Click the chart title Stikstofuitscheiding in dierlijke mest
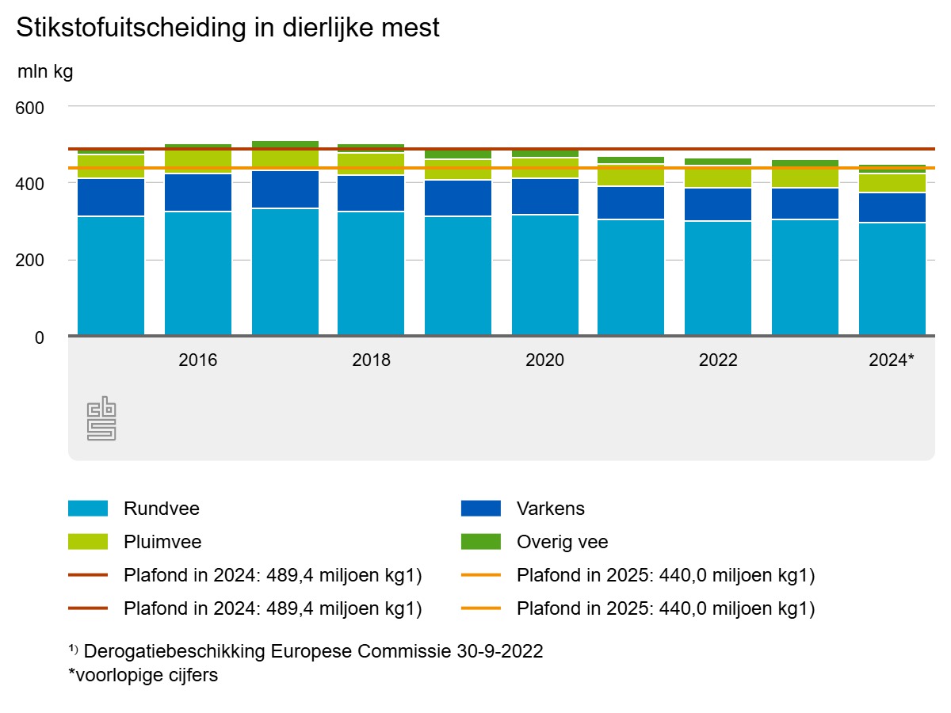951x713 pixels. pyautogui.click(x=227, y=28)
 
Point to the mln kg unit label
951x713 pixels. pyautogui.click(x=45, y=72)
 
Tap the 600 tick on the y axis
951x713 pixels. pyautogui.click(x=31, y=106)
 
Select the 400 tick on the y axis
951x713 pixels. pyautogui.click(x=31, y=183)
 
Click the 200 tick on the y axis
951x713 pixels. pyautogui.click(x=31, y=260)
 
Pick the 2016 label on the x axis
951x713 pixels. pyautogui.click(x=198, y=360)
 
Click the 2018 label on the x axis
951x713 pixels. pyautogui.click(x=371, y=360)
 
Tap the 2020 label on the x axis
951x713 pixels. pyautogui.click(x=544, y=360)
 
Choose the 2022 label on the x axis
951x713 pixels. pyautogui.click(x=718, y=360)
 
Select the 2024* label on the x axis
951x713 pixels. pyautogui.click(x=892, y=360)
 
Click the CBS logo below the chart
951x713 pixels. pyautogui.click(x=101, y=420)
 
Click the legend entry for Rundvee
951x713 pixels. pyautogui.click(x=162, y=509)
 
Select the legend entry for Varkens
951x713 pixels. pyautogui.click(x=550, y=509)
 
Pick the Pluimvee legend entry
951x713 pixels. pyautogui.click(x=162, y=542)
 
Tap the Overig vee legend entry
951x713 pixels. pyautogui.click(x=562, y=542)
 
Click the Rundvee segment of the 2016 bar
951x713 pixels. pyautogui.click(x=198, y=273)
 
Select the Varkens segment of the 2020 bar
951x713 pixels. pyautogui.click(x=544, y=196)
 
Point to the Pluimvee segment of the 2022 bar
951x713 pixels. pyautogui.click(x=718, y=177)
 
